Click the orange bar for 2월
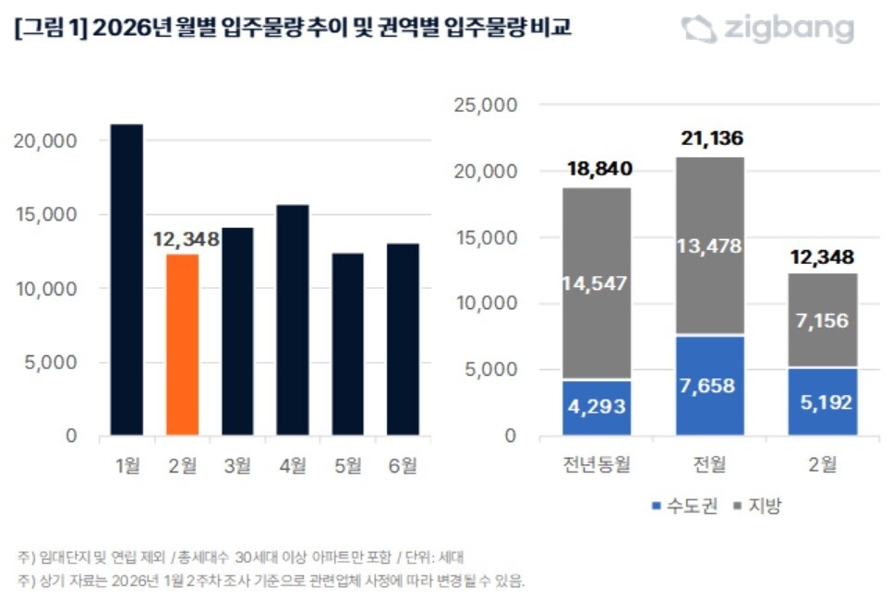pyautogui.click(x=182, y=344)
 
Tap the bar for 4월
pyautogui.click(x=293, y=320)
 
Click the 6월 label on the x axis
pyautogui.click(x=403, y=466)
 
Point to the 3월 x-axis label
pyautogui.click(x=237, y=466)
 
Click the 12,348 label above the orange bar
pyautogui.click(x=186, y=240)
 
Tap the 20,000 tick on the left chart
pyautogui.click(x=45, y=140)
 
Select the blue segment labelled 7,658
pyautogui.click(x=709, y=385)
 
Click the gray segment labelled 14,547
pyautogui.click(x=596, y=284)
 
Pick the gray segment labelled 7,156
pyautogui.click(x=823, y=320)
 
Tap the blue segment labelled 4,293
pyautogui.click(x=596, y=407)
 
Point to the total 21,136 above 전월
pyautogui.click(x=709, y=139)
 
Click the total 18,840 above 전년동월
pyautogui.click(x=596, y=170)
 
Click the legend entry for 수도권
pyautogui.click(x=684, y=506)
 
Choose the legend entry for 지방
pyautogui.click(x=758, y=506)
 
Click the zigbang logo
pyautogui.click(x=767, y=29)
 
